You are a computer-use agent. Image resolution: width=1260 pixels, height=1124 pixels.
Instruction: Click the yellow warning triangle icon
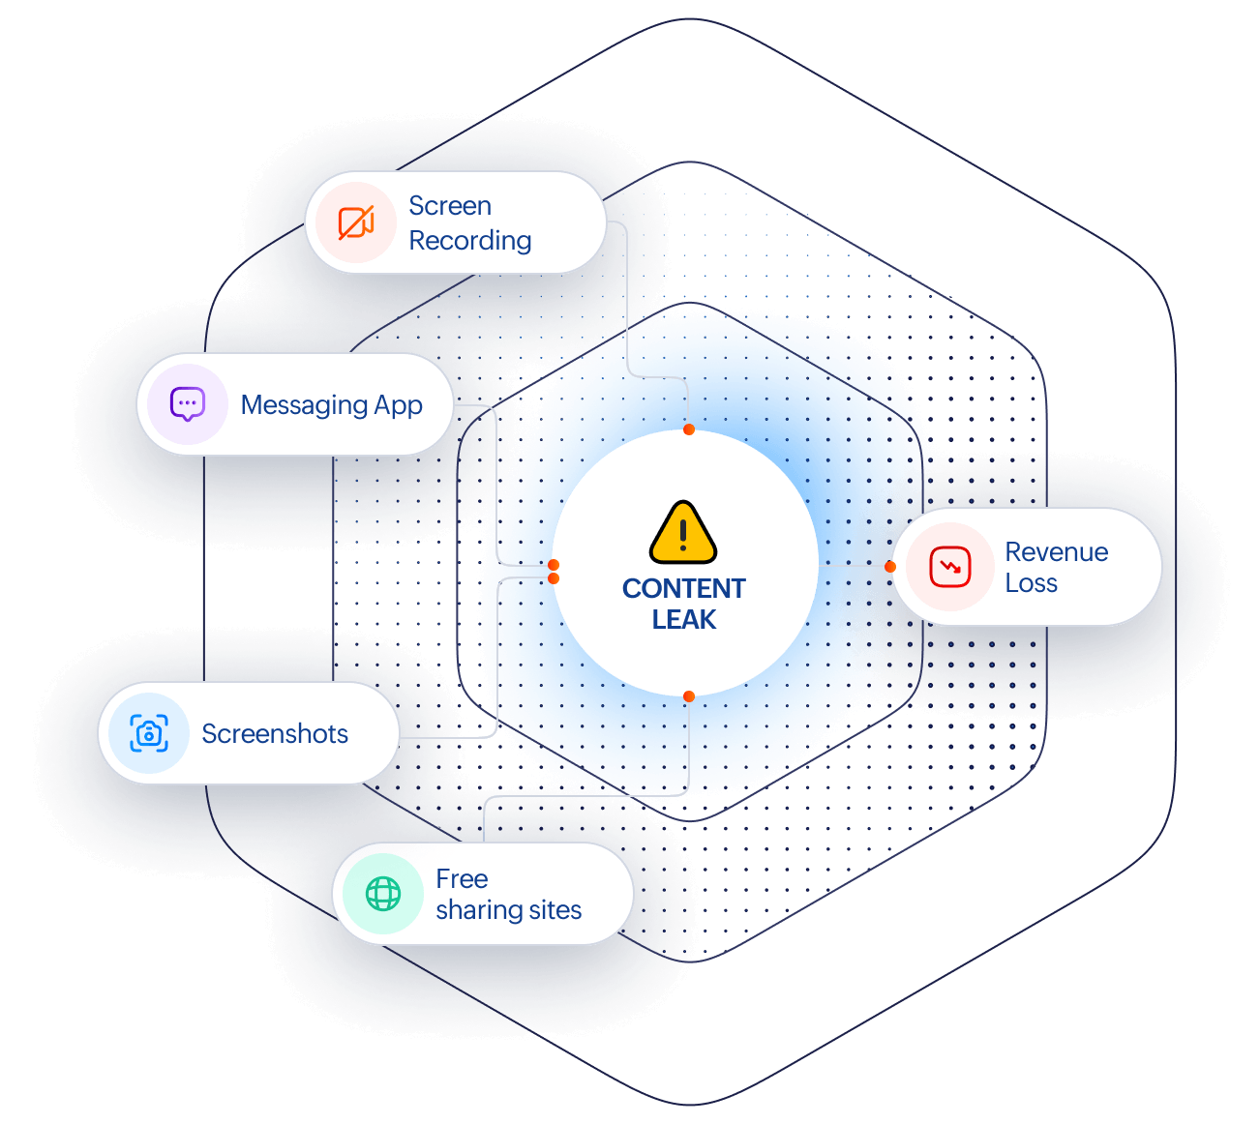point(682,532)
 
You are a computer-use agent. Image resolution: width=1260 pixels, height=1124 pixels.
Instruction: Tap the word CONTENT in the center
point(683,588)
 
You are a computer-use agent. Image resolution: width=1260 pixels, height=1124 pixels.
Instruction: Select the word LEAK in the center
point(683,619)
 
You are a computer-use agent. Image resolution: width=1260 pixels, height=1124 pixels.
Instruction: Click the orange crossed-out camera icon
point(356,222)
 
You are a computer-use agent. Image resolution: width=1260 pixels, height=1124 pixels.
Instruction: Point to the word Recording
point(469,241)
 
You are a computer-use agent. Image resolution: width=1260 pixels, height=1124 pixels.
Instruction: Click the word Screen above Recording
point(450,206)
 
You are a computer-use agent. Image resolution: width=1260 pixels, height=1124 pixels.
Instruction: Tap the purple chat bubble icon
point(187,404)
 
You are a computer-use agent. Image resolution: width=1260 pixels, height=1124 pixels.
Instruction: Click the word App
point(398,405)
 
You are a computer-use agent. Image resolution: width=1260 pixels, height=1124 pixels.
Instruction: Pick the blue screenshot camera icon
point(149,732)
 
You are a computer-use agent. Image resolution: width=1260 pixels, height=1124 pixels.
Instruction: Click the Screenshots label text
point(274,733)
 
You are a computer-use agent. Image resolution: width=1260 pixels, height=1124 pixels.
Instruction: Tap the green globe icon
point(383,894)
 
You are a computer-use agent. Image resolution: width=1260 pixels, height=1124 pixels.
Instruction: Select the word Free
point(462,878)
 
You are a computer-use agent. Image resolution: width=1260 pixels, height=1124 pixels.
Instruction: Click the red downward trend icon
point(949,566)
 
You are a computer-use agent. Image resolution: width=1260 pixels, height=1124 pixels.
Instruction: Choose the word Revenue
point(1056,552)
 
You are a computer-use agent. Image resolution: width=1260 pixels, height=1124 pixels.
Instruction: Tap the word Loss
point(1032,583)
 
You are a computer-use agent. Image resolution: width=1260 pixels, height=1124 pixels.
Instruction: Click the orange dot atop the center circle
point(688,429)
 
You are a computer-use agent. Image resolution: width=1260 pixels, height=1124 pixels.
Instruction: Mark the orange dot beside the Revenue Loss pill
point(890,566)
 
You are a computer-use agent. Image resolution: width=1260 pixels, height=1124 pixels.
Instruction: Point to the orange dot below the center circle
point(688,696)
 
